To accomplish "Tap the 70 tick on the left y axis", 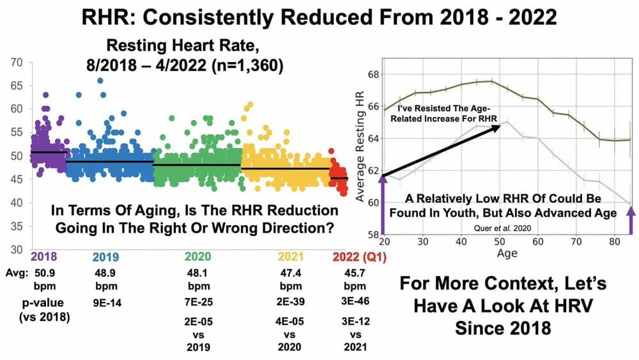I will (x=18, y=63).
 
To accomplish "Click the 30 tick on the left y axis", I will (x=18, y=249).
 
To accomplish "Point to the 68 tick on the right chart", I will (x=373, y=74).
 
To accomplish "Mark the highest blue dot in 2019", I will (x=100, y=81).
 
